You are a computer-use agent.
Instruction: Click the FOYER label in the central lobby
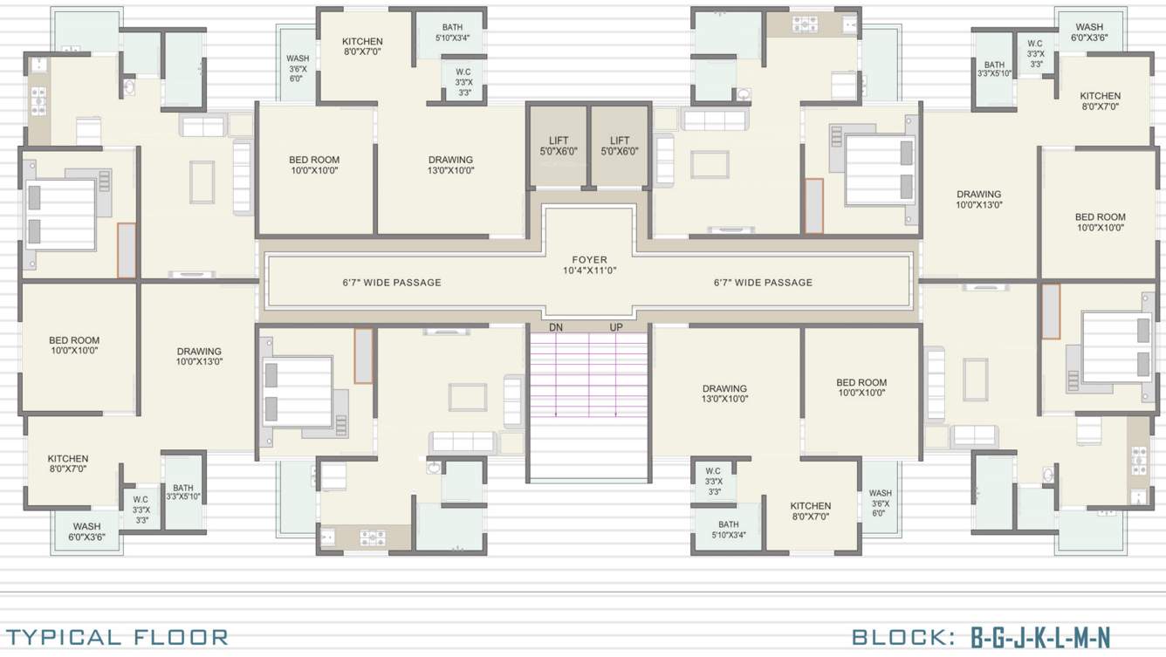[589, 259]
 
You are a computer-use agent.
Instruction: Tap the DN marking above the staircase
[556, 327]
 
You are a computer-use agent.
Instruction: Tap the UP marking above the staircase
[617, 327]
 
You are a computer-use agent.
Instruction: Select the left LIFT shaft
[559, 146]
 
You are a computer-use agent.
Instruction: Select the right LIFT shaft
[620, 146]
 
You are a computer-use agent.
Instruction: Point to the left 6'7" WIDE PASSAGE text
[392, 282]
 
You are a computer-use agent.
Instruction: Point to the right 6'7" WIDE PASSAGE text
[763, 282]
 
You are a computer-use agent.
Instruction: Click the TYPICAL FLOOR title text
[117, 637]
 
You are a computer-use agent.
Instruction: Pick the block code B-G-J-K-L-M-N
[1040, 637]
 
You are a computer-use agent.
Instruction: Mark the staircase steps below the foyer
[588, 375]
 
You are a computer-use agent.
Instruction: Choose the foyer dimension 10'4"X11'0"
[589, 270]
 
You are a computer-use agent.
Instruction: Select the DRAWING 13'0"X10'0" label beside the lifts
[450, 165]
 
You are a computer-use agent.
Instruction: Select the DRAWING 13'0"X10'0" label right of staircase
[724, 394]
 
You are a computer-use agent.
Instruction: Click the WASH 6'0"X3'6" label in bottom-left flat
[86, 531]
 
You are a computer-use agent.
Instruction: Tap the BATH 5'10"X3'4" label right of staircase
[728, 530]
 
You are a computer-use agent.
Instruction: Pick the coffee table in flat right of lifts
[710, 165]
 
